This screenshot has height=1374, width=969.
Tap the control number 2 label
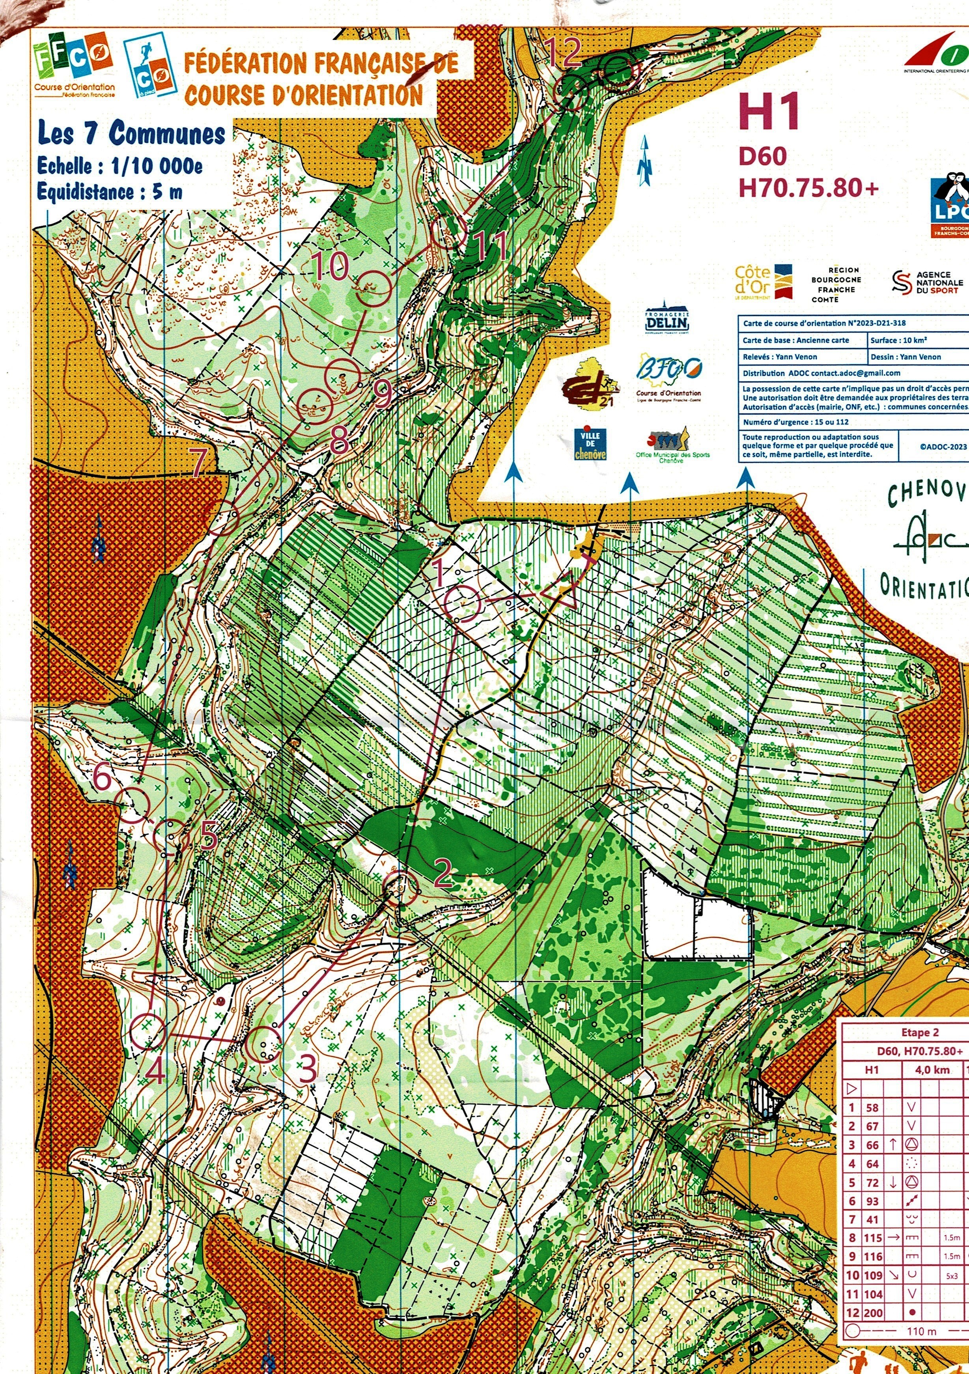(442, 873)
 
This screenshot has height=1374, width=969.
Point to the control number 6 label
(103, 778)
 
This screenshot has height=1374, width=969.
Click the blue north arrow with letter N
(644, 161)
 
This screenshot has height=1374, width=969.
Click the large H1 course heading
(769, 112)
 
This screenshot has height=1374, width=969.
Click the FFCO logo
(73, 62)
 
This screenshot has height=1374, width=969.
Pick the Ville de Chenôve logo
(590, 443)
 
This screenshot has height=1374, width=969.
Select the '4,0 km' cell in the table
(932, 1070)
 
